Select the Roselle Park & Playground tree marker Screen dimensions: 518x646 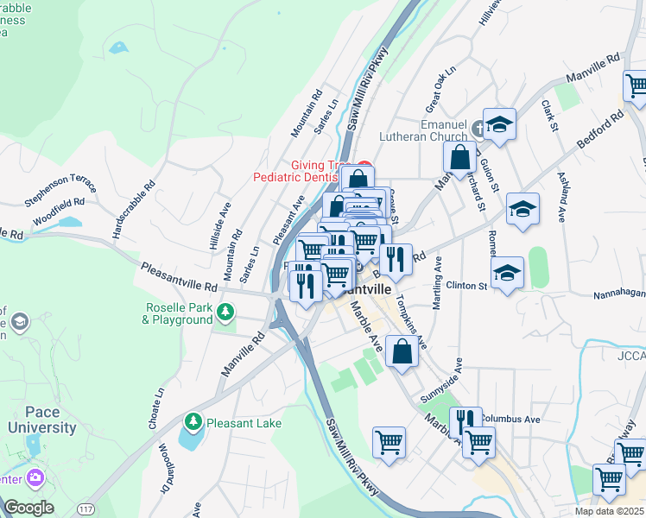[x=226, y=312]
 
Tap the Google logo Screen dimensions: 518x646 [x=28, y=508]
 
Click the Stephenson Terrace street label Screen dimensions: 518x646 [x=60, y=190]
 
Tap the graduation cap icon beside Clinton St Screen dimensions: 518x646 [x=507, y=273]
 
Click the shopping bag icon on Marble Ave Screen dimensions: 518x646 [x=402, y=351]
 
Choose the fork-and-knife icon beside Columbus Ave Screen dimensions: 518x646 [x=465, y=420]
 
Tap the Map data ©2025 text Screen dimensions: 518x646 [x=608, y=510]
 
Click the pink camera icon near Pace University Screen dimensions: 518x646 [x=35, y=477]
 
